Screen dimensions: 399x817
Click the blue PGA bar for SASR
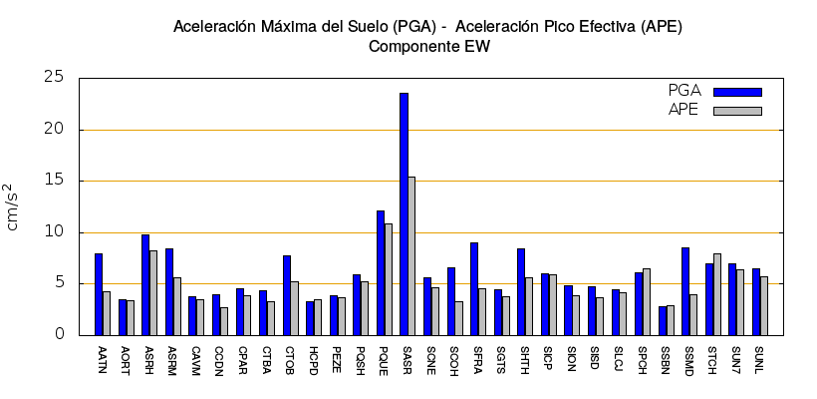[x=404, y=213]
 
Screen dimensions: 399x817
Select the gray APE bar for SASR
[x=411, y=255]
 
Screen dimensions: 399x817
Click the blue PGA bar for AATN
[x=99, y=294]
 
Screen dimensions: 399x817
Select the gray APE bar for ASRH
[x=153, y=292]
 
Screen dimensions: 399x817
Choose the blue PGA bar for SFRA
[x=474, y=288]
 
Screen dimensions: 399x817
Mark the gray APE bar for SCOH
[x=458, y=318]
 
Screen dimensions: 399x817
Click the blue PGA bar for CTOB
[x=286, y=295]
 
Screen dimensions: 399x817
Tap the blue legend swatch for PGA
[x=737, y=92]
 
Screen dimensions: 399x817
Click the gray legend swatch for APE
[x=737, y=111]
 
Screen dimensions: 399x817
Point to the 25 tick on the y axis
[x=54, y=78]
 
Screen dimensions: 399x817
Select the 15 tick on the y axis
[x=54, y=181]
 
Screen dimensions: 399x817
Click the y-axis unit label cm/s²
[x=11, y=206]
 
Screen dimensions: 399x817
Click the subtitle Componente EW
[x=428, y=46]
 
